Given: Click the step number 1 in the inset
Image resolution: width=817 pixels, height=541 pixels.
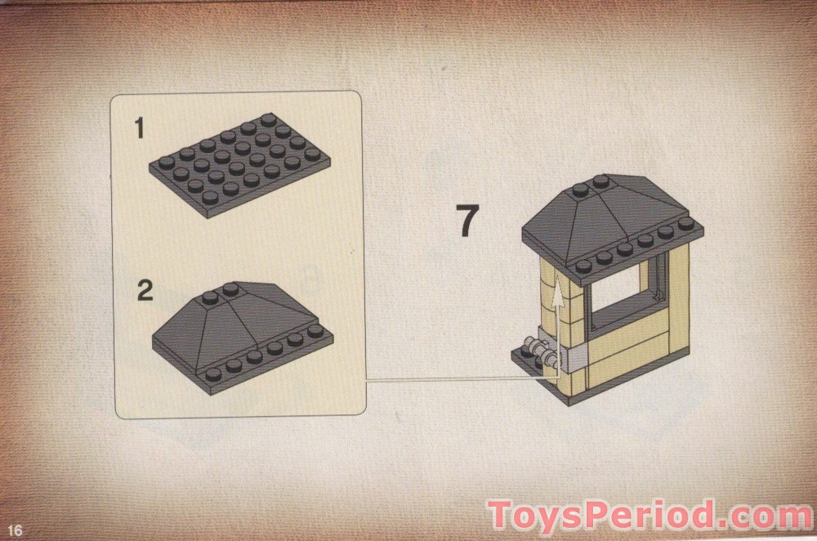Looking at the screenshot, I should (140, 128).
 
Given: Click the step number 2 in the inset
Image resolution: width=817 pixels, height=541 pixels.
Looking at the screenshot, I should (145, 290).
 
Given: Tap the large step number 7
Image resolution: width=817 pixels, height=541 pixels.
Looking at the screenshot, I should (467, 221).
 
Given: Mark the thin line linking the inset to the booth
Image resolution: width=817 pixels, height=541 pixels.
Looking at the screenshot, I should (458, 378).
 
